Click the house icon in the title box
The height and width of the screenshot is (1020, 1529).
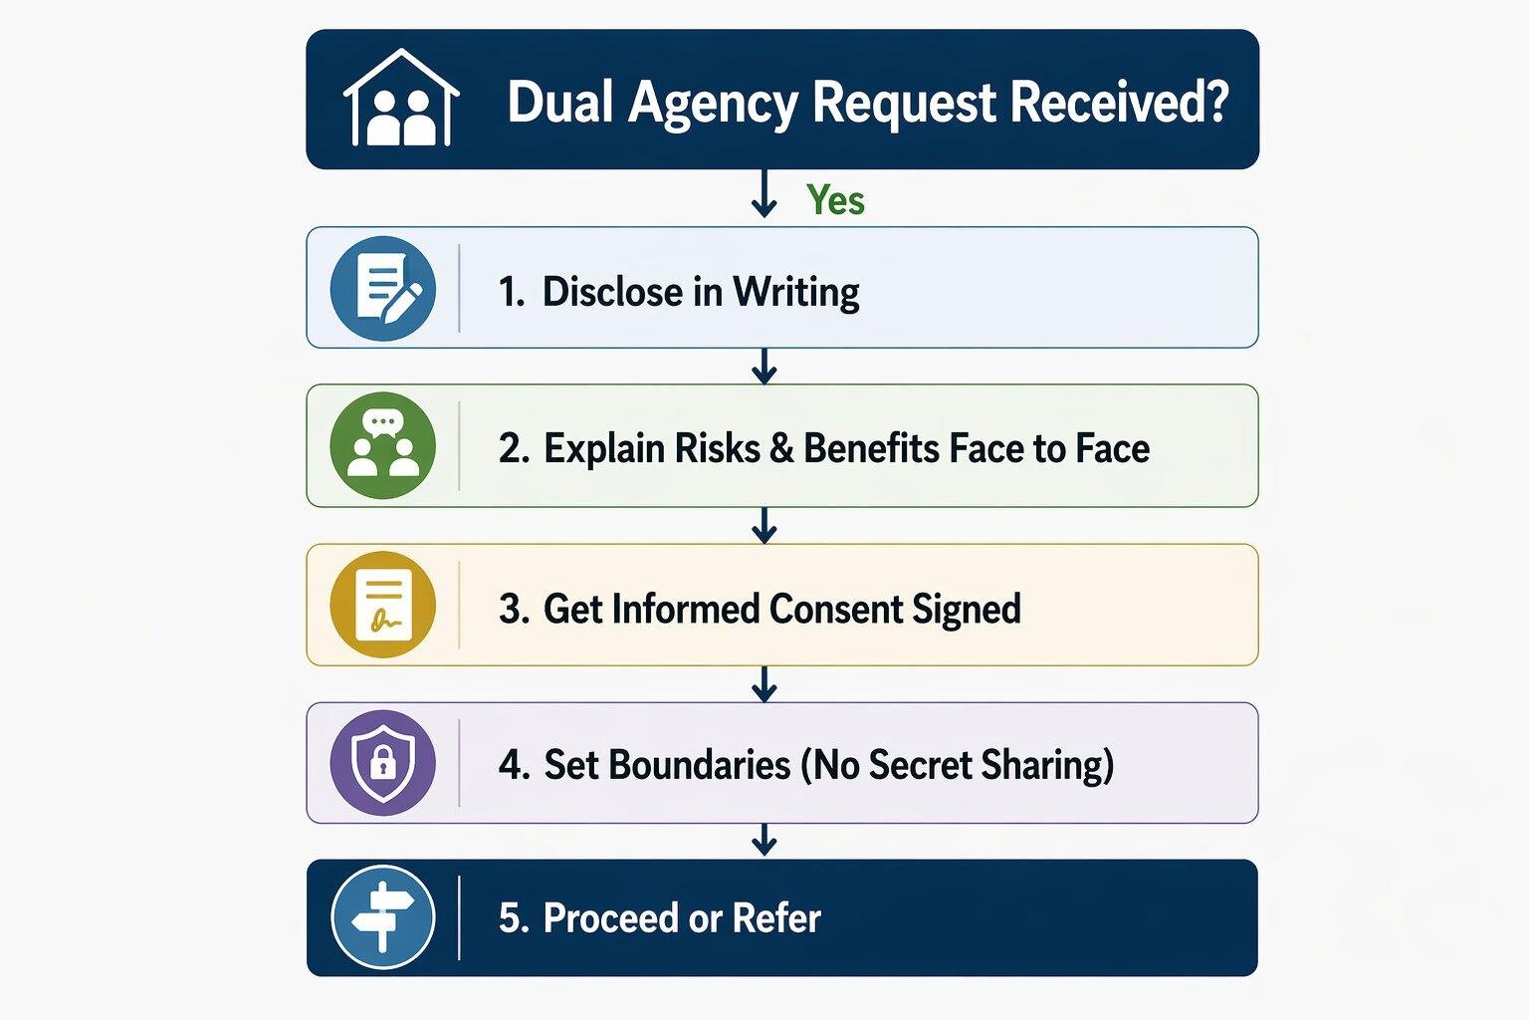(x=401, y=100)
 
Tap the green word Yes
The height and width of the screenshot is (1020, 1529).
(x=835, y=200)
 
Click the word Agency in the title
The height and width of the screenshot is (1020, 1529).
(x=713, y=103)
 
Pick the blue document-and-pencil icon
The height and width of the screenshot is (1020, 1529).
(x=383, y=289)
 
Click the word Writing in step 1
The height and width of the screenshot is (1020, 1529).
(x=796, y=292)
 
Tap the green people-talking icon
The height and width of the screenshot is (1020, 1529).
(x=383, y=446)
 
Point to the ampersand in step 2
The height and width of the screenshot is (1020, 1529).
(x=781, y=449)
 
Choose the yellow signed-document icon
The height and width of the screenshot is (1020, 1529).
(x=383, y=605)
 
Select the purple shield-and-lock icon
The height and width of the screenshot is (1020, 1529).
(x=383, y=763)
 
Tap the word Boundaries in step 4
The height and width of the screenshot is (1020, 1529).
(x=667, y=765)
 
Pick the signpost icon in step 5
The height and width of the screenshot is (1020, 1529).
(x=383, y=917)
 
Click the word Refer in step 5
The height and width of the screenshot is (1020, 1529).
(x=776, y=918)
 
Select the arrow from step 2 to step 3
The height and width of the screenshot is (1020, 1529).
(x=764, y=525)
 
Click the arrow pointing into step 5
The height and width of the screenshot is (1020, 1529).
(x=764, y=840)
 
